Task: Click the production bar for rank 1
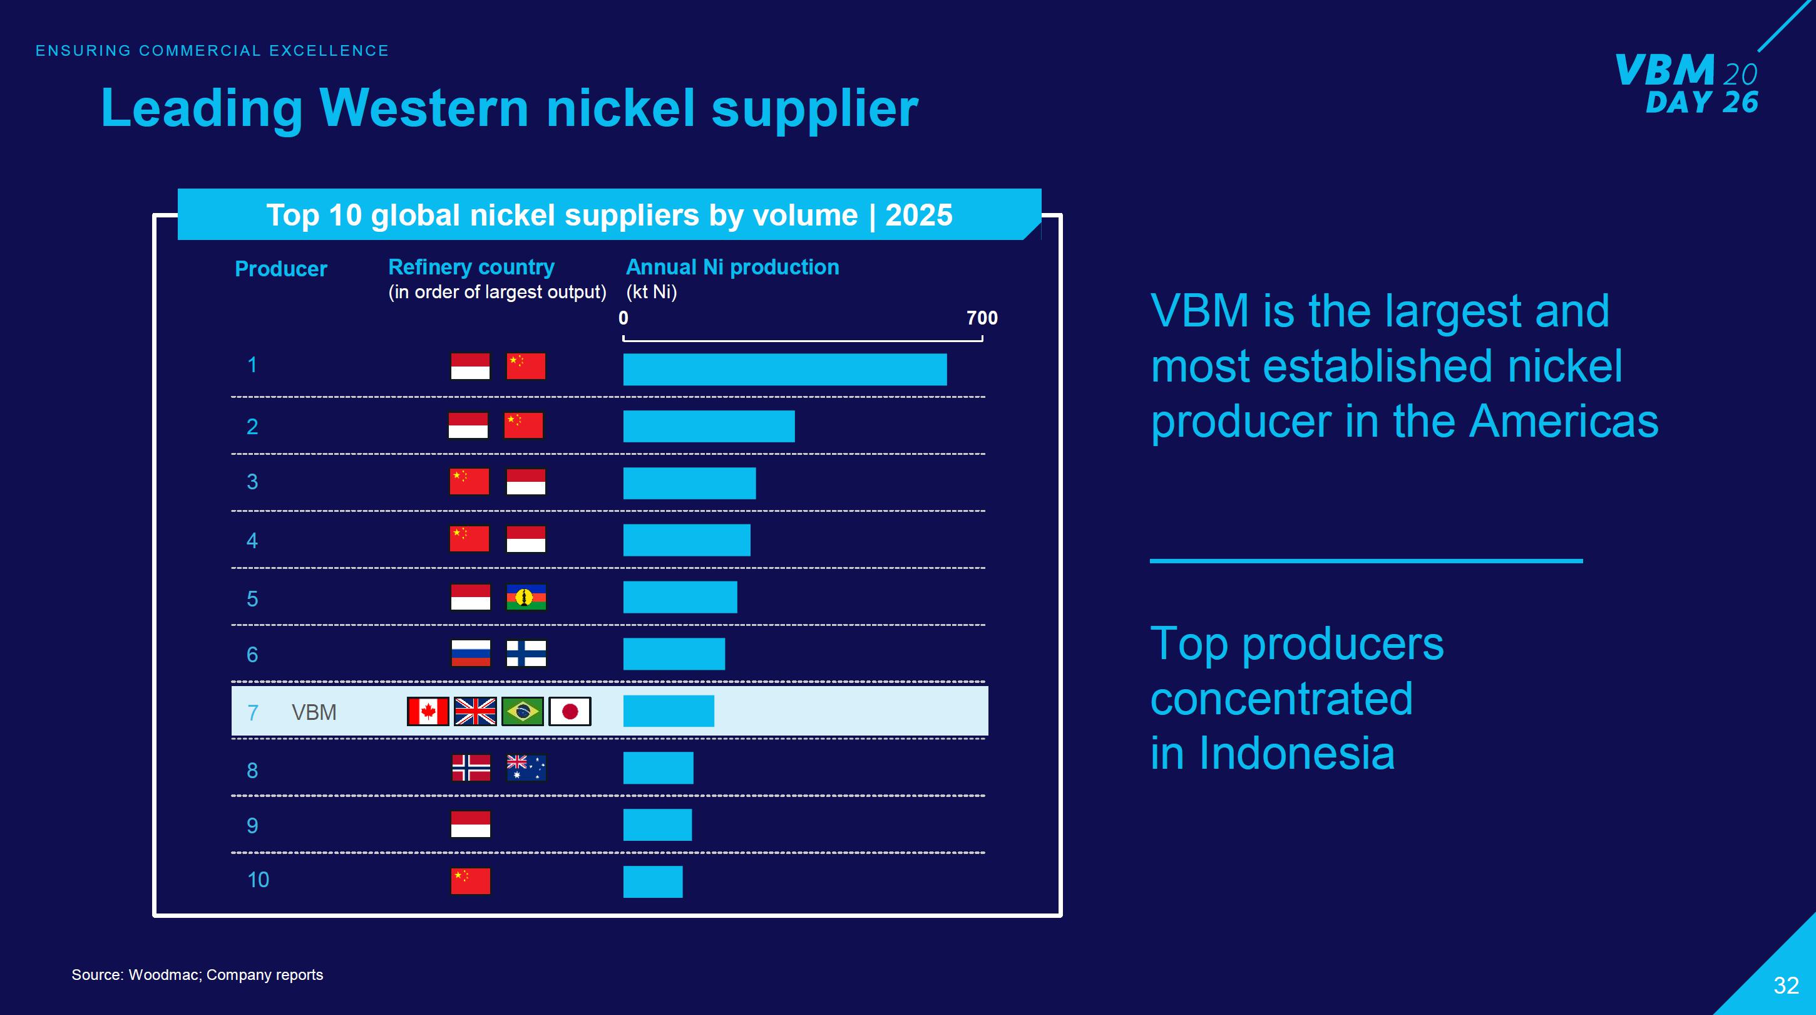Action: (x=784, y=370)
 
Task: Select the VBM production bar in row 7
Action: (x=669, y=711)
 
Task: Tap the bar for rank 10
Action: (x=653, y=882)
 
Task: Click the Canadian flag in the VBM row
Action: (x=428, y=712)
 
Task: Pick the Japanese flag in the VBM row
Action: (x=570, y=712)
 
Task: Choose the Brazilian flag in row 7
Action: (x=522, y=712)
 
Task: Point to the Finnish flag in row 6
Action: (x=526, y=653)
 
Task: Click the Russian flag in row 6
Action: (x=471, y=653)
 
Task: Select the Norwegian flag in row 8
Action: (x=471, y=768)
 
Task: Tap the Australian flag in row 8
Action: (x=526, y=768)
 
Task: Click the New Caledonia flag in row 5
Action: (x=526, y=598)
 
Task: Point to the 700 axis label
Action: (x=982, y=318)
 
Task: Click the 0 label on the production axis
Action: (x=623, y=318)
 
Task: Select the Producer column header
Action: (x=280, y=269)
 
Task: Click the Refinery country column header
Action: (x=471, y=268)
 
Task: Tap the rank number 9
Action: (x=252, y=825)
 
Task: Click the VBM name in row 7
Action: (x=314, y=712)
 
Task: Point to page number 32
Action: (x=1786, y=986)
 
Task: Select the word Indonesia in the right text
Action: (x=1296, y=752)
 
